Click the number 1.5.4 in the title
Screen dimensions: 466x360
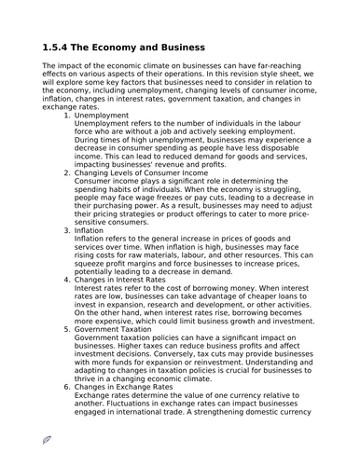pyautogui.click(x=61, y=48)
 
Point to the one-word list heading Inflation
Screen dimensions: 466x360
pyautogui.click(x=89, y=230)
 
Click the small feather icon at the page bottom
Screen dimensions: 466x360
pyautogui.click(x=47, y=438)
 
